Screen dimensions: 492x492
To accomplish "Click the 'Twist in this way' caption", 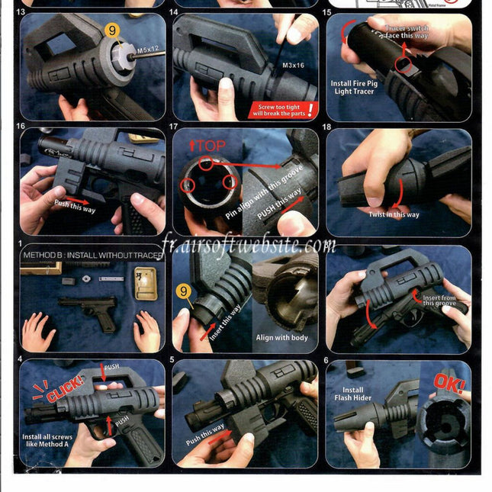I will (x=394, y=215).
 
